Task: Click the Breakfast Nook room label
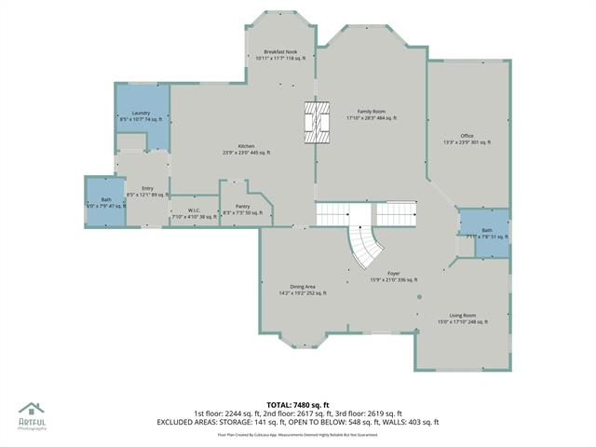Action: tap(279, 51)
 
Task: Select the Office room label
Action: tap(467, 136)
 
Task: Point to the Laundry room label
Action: tap(141, 113)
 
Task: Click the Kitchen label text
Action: tap(246, 146)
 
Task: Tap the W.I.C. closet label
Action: tap(194, 210)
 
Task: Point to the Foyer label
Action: tap(393, 273)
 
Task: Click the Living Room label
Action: tap(462, 316)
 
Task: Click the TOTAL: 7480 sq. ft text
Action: tap(297, 403)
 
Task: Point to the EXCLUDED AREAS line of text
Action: tap(297, 422)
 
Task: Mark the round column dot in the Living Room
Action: tap(419, 297)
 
